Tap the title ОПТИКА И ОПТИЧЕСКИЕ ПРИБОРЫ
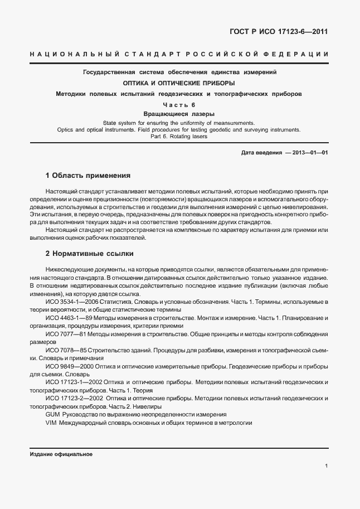click(x=179, y=83)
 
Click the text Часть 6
click(x=179, y=105)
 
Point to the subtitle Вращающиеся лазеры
click(x=179, y=114)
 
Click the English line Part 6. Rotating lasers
click(x=179, y=137)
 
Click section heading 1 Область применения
click(x=88, y=176)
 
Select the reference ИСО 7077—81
click(x=62, y=334)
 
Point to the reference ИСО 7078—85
click(x=62, y=350)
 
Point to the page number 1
click(x=325, y=467)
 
